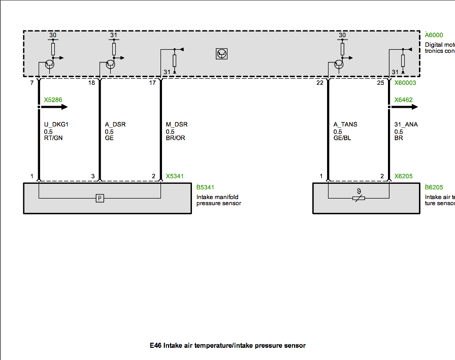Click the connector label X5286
(53, 100)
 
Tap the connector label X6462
(403, 100)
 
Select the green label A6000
(434, 36)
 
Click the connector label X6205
(403, 177)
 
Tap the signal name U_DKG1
(55, 124)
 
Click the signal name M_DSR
(176, 124)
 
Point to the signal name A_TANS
(345, 124)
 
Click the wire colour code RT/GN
(54, 138)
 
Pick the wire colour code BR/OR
(176, 138)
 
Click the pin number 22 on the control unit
(319, 83)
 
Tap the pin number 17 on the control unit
(152, 83)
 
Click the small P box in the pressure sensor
(100, 198)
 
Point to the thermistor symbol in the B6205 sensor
(359, 197)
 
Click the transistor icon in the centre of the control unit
(221, 53)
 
